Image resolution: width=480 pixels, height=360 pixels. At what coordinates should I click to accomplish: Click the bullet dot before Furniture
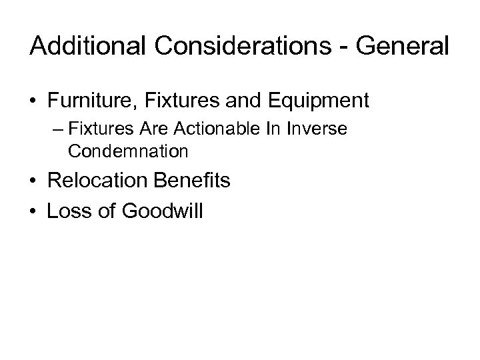pos(34,101)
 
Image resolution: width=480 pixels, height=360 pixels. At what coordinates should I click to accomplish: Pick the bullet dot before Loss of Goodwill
pos(34,211)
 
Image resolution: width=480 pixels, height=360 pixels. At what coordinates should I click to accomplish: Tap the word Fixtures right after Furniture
pos(179,101)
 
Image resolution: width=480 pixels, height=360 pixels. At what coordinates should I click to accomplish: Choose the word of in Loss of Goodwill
pos(107,211)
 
